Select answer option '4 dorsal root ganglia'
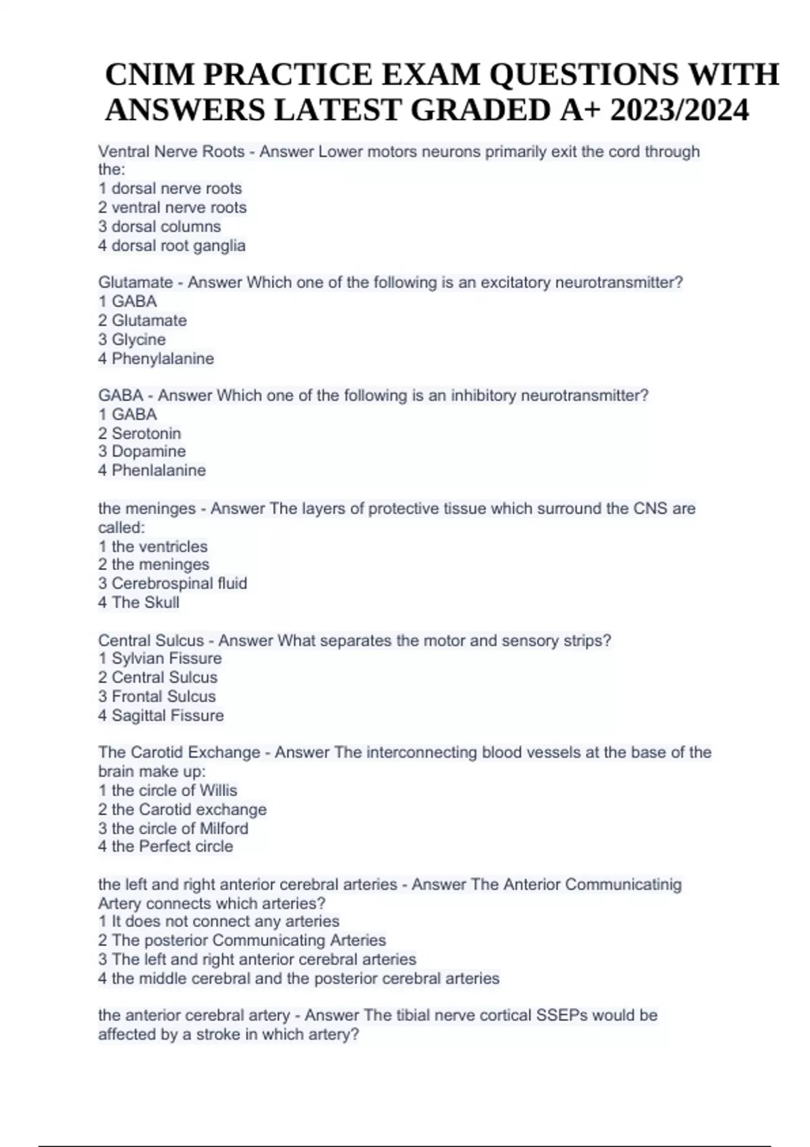[x=171, y=246]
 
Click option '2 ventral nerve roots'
[x=172, y=208]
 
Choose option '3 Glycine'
[x=132, y=339]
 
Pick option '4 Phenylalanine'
[x=156, y=359]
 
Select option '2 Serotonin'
[x=140, y=433]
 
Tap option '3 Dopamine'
[x=142, y=451]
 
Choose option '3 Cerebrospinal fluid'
[x=173, y=584]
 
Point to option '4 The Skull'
[x=138, y=603]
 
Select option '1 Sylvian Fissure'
[x=160, y=659]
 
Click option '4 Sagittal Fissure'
[x=161, y=716]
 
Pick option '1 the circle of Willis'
[x=167, y=791]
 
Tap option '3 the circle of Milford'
[x=173, y=829]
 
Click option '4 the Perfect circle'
[x=165, y=847]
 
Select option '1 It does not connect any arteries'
[x=219, y=922]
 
